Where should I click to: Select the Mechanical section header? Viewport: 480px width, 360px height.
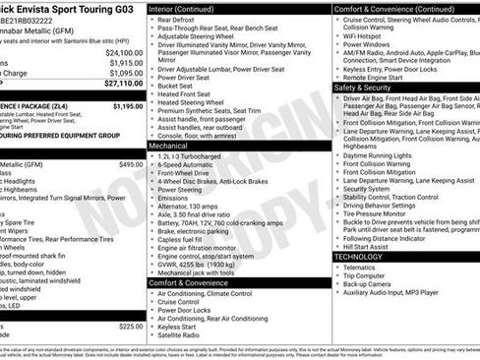click(x=174, y=145)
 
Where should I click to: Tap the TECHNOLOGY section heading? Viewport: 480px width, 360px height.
click(x=358, y=257)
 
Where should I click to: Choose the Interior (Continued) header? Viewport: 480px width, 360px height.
click(x=189, y=8)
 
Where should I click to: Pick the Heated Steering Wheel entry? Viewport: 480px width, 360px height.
click(x=196, y=102)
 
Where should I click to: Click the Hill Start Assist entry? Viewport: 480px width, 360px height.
click(x=370, y=247)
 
